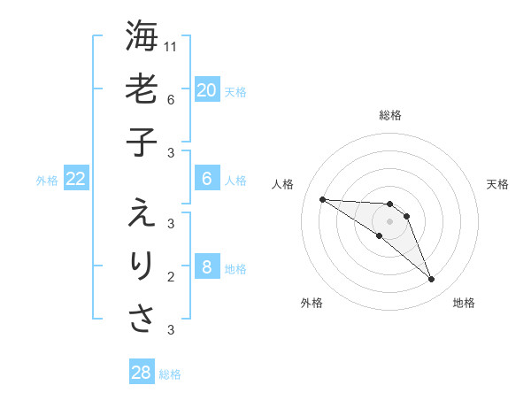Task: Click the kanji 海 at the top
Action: [x=142, y=36]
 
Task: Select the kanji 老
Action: [x=142, y=90]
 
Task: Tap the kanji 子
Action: [x=142, y=143]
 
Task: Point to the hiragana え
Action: [x=142, y=213]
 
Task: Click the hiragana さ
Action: [x=142, y=320]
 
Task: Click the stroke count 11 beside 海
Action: [x=171, y=46]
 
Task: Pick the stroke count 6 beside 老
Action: [x=170, y=100]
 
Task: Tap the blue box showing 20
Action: [x=207, y=89]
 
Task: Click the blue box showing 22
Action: [x=76, y=179]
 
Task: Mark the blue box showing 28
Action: [x=142, y=373]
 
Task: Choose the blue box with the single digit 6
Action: [x=207, y=179]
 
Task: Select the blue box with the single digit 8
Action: [x=207, y=267]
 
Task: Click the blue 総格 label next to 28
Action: [x=170, y=374]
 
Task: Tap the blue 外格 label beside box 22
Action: [x=47, y=181]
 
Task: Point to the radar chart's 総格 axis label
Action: [x=390, y=116]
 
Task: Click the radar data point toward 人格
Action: [x=322, y=199]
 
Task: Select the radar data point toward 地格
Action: [x=431, y=280]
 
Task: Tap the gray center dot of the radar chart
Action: [x=389, y=221]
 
